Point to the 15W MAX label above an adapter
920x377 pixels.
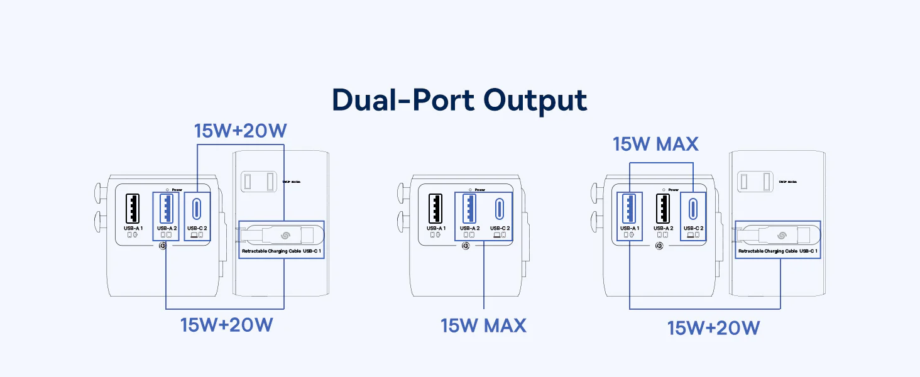coord(655,144)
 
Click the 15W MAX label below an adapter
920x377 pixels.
coord(483,325)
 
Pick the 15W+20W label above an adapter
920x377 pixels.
coord(241,131)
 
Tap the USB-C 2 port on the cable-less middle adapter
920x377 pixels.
coord(500,209)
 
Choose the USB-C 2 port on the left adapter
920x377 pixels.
coord(197,209)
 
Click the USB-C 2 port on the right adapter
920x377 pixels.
coord(693,209)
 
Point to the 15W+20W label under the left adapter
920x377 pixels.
coord(226,325)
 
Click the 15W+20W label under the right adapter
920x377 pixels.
coord(713,327)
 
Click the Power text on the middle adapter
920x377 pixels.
coord(480,190)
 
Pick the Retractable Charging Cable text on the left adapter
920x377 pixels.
coord(271,251)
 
